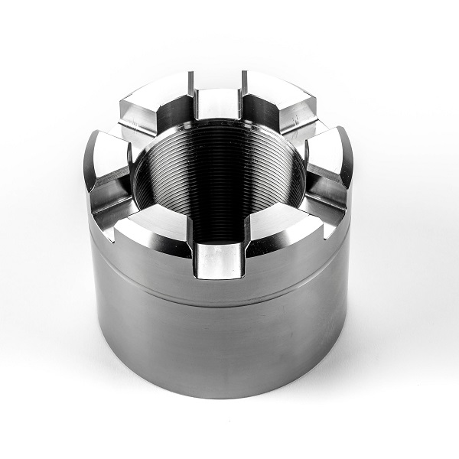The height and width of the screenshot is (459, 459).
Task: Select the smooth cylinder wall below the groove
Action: pos(222,352)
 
